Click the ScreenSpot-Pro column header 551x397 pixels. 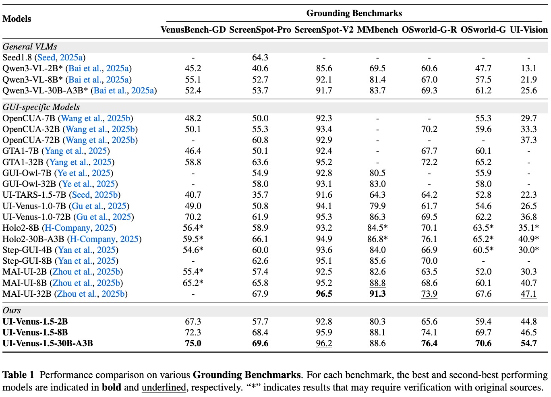tap(260, 30)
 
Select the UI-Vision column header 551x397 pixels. tap(528, 30)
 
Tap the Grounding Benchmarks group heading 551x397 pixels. tap(354, 13)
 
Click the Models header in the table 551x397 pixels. tap(17, 19)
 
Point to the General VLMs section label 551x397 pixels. tap(30, 47)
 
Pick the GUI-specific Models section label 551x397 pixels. tap(41, 107)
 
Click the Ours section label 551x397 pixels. tap(12, 310)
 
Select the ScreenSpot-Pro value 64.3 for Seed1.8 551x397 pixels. tap(260, 58)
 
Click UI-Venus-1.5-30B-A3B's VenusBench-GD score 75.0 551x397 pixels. tap(193, 343)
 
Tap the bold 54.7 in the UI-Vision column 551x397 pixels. tap(528, 343)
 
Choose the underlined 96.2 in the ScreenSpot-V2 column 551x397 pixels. tap(324, 343)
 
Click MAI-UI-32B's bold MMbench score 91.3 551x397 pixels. tap(377, 294)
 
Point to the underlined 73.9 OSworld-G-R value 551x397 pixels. tap(429, 294)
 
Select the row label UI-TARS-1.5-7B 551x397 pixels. tap(34, 195)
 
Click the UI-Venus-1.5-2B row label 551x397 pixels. tap(35, 322)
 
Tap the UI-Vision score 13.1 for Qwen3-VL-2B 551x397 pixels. tap(528, 68)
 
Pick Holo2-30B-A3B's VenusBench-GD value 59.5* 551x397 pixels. tap(193, 239)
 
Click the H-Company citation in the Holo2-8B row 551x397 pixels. tap(67, 228)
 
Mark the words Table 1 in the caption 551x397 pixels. tap(19, 375)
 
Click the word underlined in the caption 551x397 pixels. tap(164, 387)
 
